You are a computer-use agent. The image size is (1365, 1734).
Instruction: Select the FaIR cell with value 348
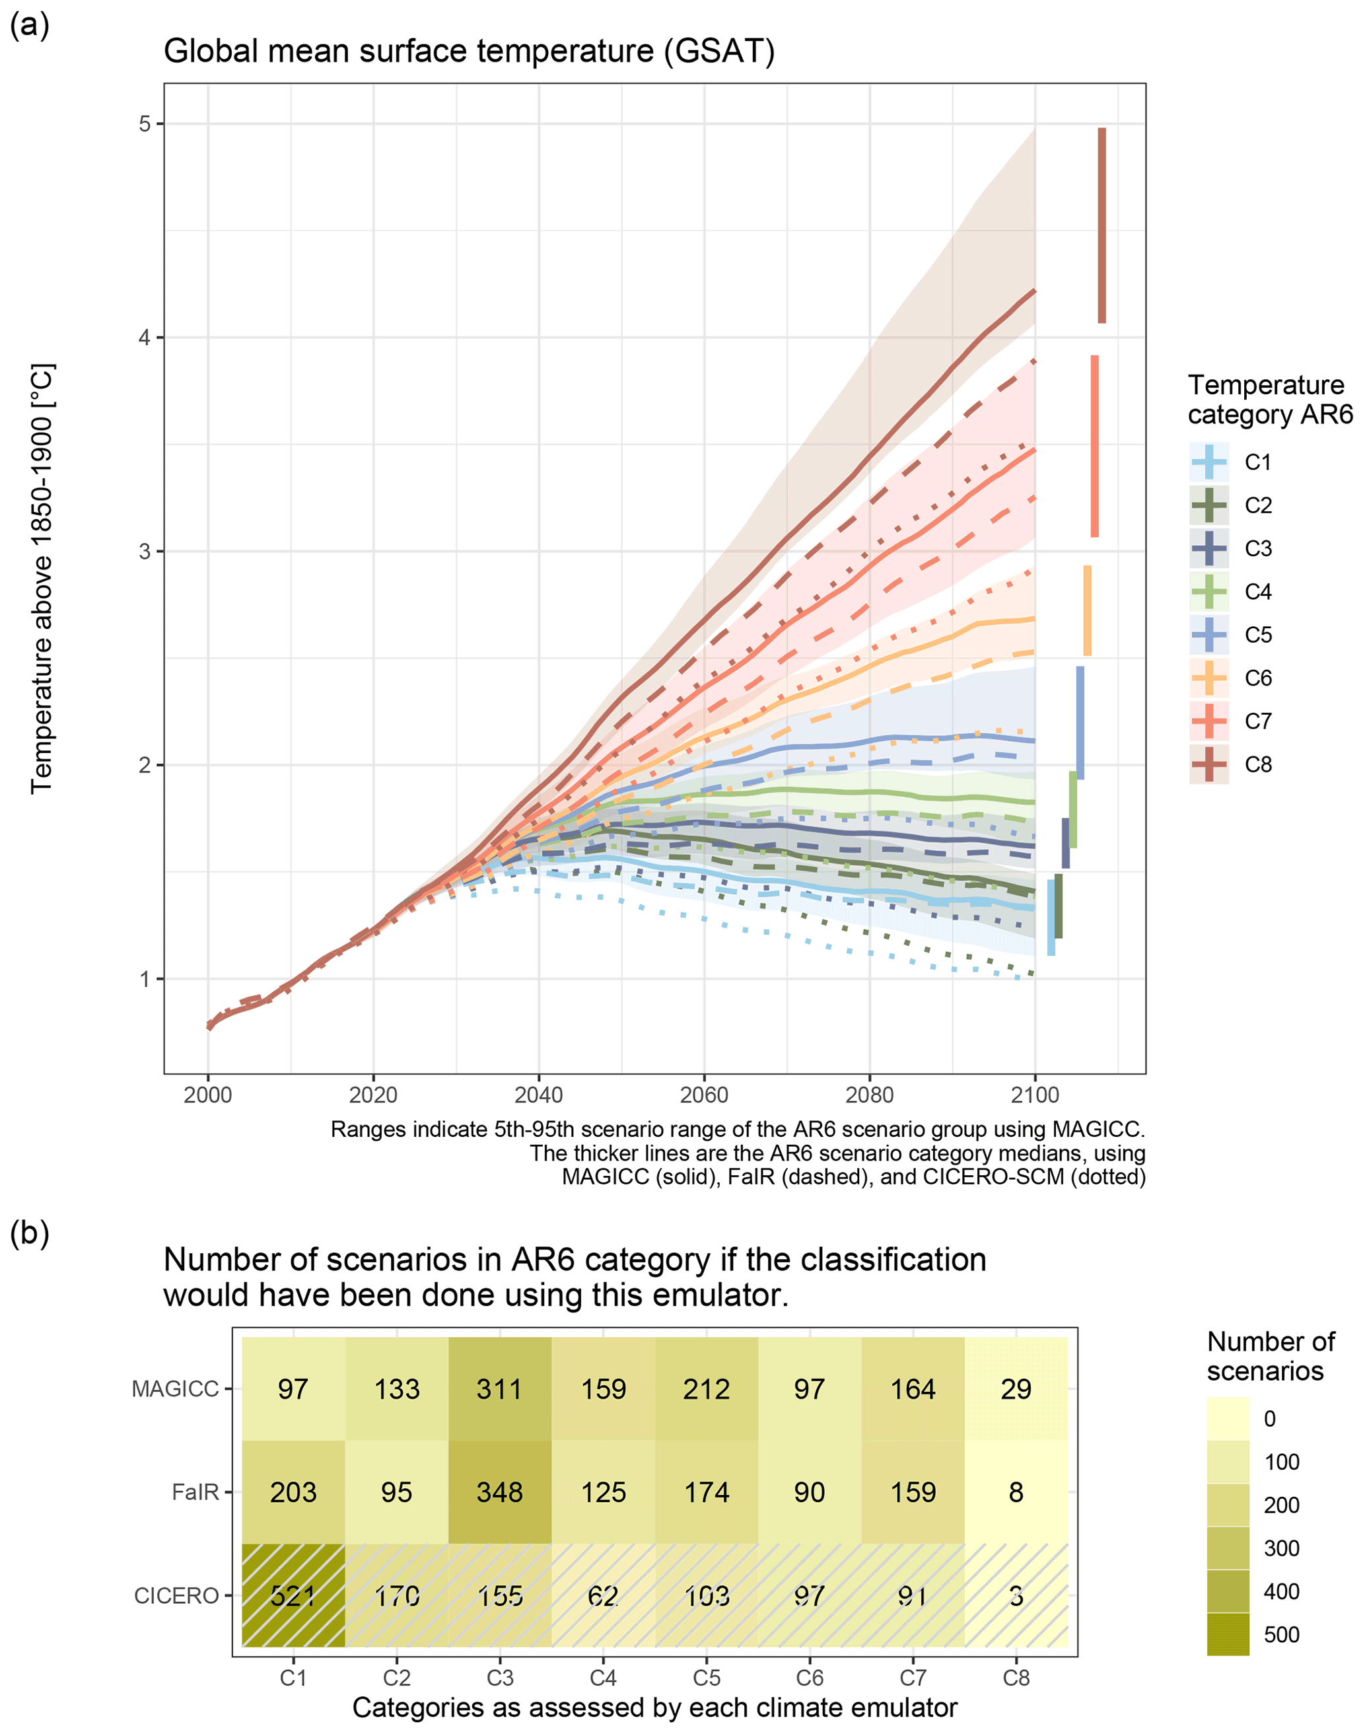(499, 1492)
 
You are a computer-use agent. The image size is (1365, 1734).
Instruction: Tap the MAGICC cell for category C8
(1016, 1389)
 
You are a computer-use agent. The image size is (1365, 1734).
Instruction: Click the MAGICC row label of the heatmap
(175, 1389)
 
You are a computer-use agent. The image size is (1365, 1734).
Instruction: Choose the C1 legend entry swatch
(1209, 462)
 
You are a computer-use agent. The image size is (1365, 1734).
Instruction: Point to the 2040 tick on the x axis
(539, 1095)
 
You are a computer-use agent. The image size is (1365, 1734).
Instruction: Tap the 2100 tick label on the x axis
(1035, 1095)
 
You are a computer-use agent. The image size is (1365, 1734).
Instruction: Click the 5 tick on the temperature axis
(145, 124)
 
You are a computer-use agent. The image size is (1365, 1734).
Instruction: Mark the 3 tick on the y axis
(145, 552)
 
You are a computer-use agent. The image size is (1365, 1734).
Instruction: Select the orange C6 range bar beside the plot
(1088, 611)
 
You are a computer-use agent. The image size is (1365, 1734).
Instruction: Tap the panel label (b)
(30, 1233)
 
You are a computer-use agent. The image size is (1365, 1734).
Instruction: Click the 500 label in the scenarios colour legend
(1281, 1634)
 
